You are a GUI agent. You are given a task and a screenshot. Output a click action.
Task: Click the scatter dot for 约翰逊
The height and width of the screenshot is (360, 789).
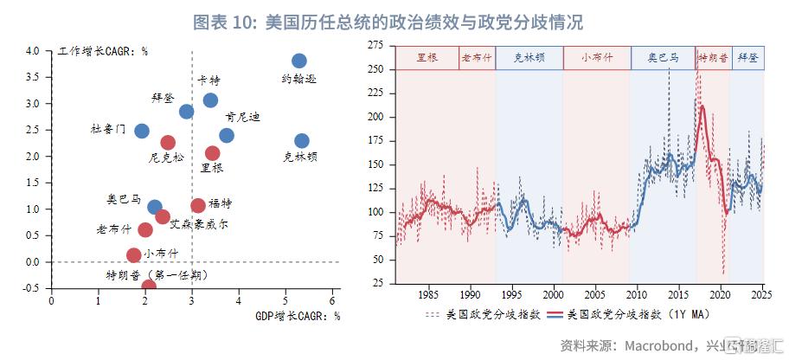point(298,61)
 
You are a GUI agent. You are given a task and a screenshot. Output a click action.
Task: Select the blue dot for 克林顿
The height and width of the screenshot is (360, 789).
point(302,141)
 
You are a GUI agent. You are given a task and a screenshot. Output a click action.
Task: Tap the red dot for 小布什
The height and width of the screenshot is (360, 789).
point(133,255)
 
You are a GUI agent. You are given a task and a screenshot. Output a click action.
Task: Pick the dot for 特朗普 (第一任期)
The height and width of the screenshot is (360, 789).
point(149,286)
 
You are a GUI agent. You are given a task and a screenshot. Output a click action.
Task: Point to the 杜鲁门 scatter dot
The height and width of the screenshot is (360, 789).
point(142,131)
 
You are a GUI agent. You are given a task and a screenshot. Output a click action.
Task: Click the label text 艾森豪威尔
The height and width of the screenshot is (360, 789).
point(199,224)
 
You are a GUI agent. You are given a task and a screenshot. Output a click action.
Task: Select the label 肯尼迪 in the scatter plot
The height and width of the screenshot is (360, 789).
point(242,118)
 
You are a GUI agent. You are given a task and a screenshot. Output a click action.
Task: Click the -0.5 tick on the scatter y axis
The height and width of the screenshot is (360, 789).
point(36,288)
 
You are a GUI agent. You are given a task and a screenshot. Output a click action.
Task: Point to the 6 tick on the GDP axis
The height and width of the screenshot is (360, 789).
point(332,300)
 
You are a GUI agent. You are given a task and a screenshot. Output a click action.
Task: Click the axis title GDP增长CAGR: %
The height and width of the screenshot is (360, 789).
point(298,316)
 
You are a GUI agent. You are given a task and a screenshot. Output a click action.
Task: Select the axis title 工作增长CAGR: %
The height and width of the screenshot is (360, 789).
point(103,51)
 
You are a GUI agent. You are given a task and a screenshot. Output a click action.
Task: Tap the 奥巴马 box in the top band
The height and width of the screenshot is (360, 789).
point(664,58)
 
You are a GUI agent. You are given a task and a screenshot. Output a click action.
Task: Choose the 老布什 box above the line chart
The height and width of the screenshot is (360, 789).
point(477,58)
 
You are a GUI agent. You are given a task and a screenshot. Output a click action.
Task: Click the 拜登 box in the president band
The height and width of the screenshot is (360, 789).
point(747,58)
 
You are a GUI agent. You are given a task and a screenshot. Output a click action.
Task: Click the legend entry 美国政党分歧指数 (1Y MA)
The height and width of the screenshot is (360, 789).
point(638,315)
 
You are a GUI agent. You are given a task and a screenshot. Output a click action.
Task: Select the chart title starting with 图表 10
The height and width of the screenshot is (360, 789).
point(388,22)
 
